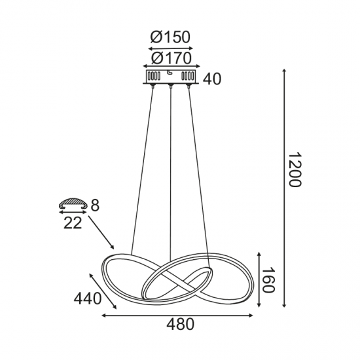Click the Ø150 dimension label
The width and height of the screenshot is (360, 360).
pos(170,37)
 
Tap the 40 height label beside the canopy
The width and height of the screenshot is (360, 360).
pos(212,79)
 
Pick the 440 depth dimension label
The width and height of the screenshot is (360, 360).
pos(88,299)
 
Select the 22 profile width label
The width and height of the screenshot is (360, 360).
pos(73,223)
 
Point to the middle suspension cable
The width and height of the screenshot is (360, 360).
pos(171,170)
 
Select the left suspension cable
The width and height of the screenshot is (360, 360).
pos(142,170)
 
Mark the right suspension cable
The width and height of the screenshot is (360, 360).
pos(200,170)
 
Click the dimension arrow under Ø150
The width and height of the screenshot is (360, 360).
pos(170,48)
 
